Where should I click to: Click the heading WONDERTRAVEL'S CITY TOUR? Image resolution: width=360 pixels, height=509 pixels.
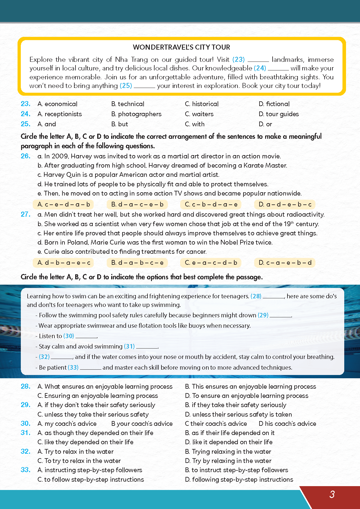click(181, 47)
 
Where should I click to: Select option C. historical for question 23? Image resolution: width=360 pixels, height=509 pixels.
click(202, 104)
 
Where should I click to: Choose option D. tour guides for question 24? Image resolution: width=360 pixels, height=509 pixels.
click(279, 114)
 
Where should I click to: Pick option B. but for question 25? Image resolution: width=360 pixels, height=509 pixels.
click(120, 124)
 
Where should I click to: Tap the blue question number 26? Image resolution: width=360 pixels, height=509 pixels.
click(26, 156)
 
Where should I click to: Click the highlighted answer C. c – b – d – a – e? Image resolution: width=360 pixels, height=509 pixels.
click(211, 204)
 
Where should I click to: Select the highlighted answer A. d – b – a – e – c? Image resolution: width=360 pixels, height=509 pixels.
click(64, 263)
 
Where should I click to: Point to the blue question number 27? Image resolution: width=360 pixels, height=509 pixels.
click(26, 214)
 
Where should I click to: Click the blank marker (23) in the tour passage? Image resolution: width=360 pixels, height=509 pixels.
click(238, 59)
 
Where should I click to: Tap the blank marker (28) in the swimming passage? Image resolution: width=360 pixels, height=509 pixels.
click(256, 296)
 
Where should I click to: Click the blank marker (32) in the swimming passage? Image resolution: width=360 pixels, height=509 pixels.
click(44, 357)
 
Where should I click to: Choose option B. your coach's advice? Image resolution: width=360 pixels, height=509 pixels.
click(142, 424)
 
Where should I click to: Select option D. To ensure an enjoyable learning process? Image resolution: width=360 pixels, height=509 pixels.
click(246, 396)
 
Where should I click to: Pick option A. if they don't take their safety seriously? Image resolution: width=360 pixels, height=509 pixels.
click(96, 405)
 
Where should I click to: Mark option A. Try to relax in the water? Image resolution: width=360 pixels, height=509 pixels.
click(76, 452)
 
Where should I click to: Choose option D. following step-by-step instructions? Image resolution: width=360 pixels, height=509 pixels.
click(239, 480)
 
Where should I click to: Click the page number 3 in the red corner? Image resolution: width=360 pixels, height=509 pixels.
click(332, 494)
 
